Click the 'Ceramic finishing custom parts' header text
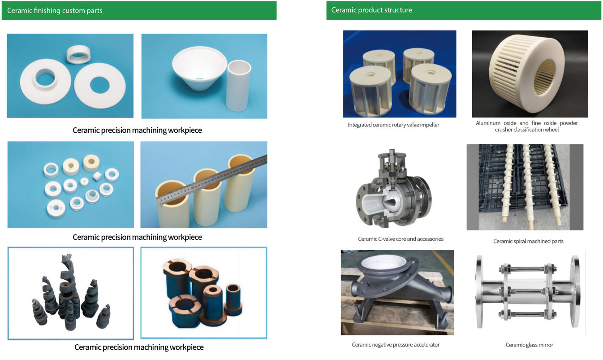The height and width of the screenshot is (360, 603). [55, 10]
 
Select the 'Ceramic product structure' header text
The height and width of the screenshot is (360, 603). [371, 10]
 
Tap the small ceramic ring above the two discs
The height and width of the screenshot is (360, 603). [78, 54]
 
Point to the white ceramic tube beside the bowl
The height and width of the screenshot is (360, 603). [238, 86]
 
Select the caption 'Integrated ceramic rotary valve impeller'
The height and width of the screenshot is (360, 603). [393, 125]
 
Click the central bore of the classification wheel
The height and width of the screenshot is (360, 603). [545, 77]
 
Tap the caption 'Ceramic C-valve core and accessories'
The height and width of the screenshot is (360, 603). [401, 239]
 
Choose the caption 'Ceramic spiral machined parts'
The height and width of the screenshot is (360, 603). [528, 241]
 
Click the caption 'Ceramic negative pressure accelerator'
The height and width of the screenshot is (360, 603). [396, 345]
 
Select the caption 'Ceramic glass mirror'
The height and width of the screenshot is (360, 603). [529, 345]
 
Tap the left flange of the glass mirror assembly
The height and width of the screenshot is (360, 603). [479, 292]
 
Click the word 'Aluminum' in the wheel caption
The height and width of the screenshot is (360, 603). [488, 123]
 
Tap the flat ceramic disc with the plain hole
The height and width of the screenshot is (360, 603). [99, 86]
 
